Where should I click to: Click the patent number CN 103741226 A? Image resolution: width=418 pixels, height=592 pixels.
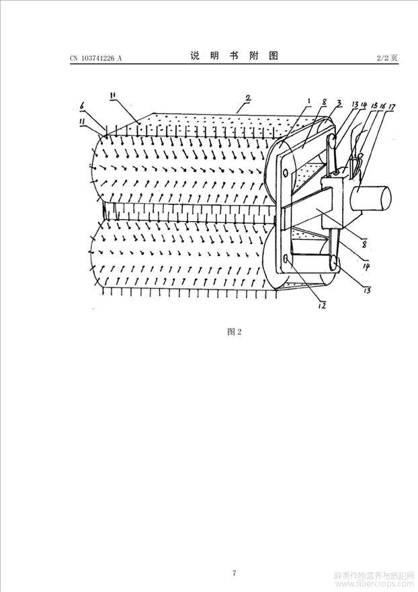coord(96,58)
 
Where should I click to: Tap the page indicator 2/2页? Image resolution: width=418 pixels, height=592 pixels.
coord(387,58)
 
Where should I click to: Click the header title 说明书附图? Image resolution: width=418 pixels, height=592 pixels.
coord(234,56)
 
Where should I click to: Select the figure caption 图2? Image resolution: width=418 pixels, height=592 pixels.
coord(234,331)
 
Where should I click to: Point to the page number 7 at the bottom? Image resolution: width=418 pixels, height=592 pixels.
coord(234,573)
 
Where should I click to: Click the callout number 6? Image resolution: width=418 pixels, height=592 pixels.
coord(83,107)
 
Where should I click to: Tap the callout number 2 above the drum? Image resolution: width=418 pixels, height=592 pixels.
coord(248,99)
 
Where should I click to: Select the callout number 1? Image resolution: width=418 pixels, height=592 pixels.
coord(309,101)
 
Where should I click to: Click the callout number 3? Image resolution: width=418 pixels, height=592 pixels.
coord(339,102)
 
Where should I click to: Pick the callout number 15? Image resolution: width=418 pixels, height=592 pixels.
coord(375,107)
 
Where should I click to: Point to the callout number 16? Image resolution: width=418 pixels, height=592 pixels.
coord(383,107)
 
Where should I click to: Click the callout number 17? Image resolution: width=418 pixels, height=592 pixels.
coord(391,107)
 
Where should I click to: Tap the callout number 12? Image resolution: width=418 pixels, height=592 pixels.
coord(322,306)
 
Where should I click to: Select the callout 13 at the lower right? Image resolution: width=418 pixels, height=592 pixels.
coord(367,290)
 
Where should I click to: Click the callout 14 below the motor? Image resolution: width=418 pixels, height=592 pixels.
coord(366,267)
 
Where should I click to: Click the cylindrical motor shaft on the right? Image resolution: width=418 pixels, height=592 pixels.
coord(370,199)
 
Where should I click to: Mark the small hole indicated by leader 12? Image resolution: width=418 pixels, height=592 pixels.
coord(287,259)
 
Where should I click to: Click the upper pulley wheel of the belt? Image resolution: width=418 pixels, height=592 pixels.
coord(331,142)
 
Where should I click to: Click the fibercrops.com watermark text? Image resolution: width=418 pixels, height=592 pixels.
coord(375,584)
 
